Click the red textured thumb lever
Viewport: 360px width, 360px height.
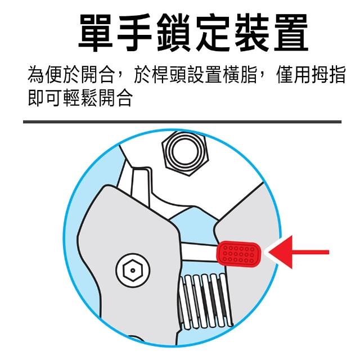pos(238,254)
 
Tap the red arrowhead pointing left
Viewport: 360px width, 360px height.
pos(281,252)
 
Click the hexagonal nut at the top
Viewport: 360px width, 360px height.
pos(185,153)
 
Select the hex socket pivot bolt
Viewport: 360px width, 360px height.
pos(133,270)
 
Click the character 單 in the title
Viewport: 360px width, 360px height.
pos(96,32)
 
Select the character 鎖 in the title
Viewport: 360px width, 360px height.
pos(174,32)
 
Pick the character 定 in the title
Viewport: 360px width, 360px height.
pos(213,32)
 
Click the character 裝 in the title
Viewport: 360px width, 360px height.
pos(252,32)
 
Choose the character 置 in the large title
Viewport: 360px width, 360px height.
pos(291,32)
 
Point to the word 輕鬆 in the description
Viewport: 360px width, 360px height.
pos(80,98)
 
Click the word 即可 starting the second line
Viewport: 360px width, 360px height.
pos(45,98)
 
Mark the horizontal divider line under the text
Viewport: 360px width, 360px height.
pos(182,121)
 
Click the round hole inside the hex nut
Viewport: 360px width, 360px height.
pos(185,152)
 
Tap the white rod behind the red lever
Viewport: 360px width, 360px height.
pos(199,251)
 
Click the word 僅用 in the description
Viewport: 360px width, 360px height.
pos(292,75)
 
